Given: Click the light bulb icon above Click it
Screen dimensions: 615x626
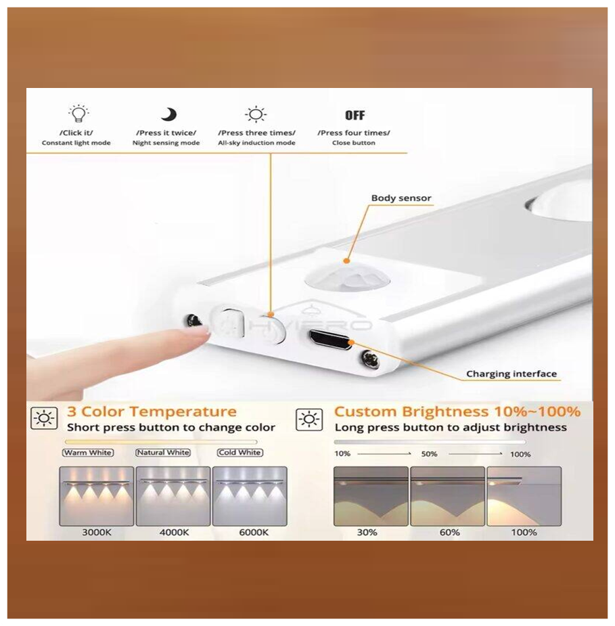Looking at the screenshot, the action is [x=78, y=114].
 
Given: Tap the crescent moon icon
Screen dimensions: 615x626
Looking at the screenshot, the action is [x=169, y=114].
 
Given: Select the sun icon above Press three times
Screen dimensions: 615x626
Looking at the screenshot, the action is [x=256, y=114].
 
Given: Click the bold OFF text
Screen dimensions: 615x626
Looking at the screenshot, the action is [x=355, y=115].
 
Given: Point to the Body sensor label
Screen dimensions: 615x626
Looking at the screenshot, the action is [x=401, y=198].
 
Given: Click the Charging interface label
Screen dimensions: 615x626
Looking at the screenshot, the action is [x=511, y=374].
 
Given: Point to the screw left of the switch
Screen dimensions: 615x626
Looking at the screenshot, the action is [x=193, y=321].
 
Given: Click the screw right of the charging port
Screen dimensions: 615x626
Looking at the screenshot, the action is [x=369, y=358].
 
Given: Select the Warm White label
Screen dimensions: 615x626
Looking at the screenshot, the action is [x=88, y=453].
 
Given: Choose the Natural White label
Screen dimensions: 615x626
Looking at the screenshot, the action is [x=163, y=453].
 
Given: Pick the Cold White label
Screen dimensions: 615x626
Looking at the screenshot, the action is [x=240, y=453].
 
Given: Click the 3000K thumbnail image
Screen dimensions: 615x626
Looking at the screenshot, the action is [x=96, y=496].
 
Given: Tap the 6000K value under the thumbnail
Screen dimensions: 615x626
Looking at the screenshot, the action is [x=254, y=533].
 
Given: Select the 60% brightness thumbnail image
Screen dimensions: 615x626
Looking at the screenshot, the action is [x=447, y=496].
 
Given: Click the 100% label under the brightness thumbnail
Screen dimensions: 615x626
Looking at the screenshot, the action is [x=524, y=533].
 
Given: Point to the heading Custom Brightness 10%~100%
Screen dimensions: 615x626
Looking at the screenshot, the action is [x=457, y=411].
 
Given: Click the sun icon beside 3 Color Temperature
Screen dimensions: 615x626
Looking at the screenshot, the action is [x=44, y=419].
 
